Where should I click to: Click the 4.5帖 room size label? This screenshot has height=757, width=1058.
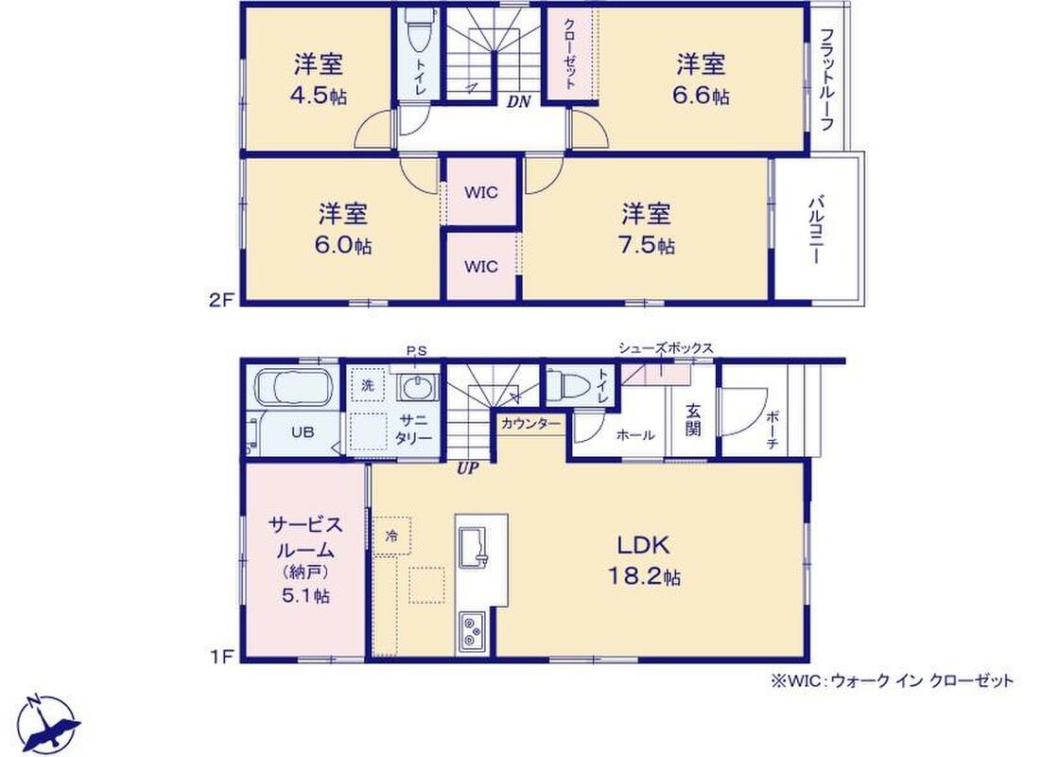tap(319, 96)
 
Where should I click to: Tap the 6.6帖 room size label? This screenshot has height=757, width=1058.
tap(701, 96)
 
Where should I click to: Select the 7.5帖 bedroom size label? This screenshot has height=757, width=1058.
tap(647, 244)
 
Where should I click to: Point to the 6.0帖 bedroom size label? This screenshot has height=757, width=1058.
tap(343, 244)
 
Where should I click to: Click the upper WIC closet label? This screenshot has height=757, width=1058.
tap(481, 192)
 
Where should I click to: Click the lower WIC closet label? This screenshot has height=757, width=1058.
tap(481, 267)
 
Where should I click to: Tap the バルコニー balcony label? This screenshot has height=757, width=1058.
tap(817, 230)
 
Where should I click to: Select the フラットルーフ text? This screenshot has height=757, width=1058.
tap(827, 79)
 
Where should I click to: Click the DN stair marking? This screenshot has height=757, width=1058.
tap(519, 102)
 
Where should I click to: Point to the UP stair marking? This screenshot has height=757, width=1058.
tap(467, 468)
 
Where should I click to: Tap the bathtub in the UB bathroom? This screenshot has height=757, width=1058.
tap(293, 388)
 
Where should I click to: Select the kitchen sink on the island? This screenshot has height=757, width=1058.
tap(474, 545)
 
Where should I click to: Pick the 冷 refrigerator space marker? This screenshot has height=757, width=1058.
tap(392, 537)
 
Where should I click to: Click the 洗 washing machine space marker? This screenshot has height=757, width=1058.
tap(368, 385)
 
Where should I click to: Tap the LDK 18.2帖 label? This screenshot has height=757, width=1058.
tap(645, 560)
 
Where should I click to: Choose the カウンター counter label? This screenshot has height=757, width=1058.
tap(530, 423)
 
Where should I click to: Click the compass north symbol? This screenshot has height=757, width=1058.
tap(49, 723)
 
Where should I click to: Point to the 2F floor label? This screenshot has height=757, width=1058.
tap(220, 300)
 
